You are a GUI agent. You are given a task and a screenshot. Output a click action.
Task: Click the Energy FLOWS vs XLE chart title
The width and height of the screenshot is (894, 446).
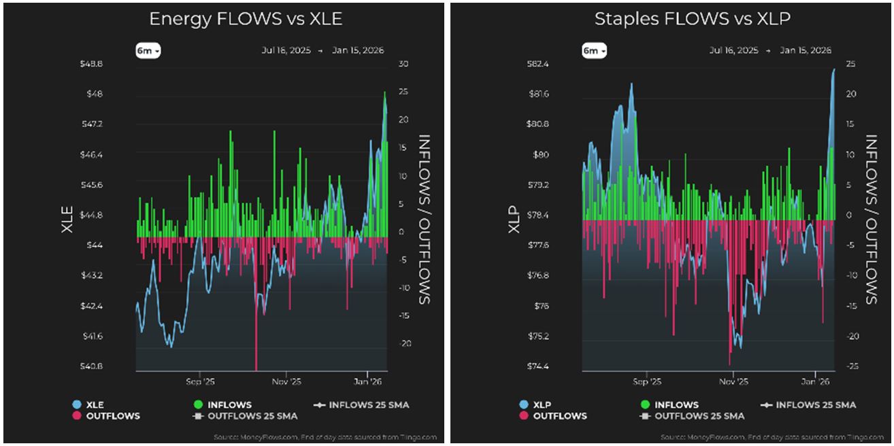245,19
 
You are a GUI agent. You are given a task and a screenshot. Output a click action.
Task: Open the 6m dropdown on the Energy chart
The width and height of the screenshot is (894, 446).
148,51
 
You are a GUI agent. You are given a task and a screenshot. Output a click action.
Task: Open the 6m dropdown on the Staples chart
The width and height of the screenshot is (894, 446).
594,51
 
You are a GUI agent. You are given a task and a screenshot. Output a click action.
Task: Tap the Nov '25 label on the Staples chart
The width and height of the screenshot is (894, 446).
732,381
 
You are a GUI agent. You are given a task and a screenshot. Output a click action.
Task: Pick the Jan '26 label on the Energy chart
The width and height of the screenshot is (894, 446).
367,381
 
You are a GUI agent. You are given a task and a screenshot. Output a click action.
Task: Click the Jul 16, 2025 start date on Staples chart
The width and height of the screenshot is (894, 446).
733,51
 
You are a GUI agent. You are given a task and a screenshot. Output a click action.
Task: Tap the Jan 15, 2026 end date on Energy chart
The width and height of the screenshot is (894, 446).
358,51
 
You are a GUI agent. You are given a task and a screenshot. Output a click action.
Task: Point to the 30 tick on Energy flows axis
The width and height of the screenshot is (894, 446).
403,64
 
